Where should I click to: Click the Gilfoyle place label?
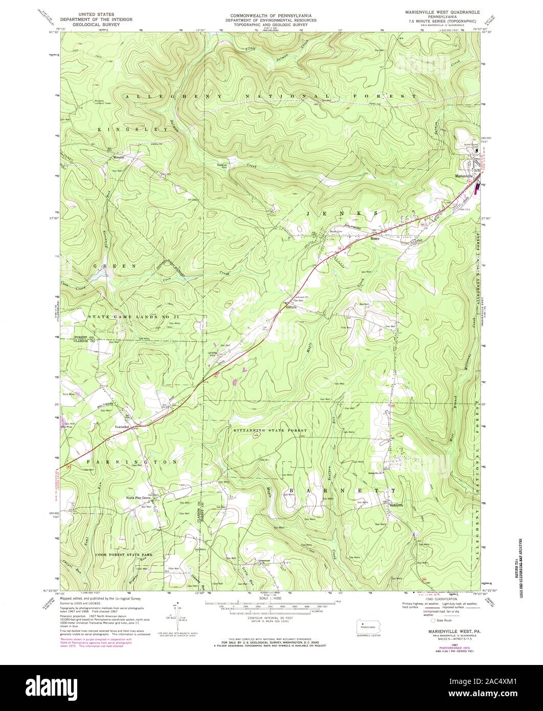coord(290,306)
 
